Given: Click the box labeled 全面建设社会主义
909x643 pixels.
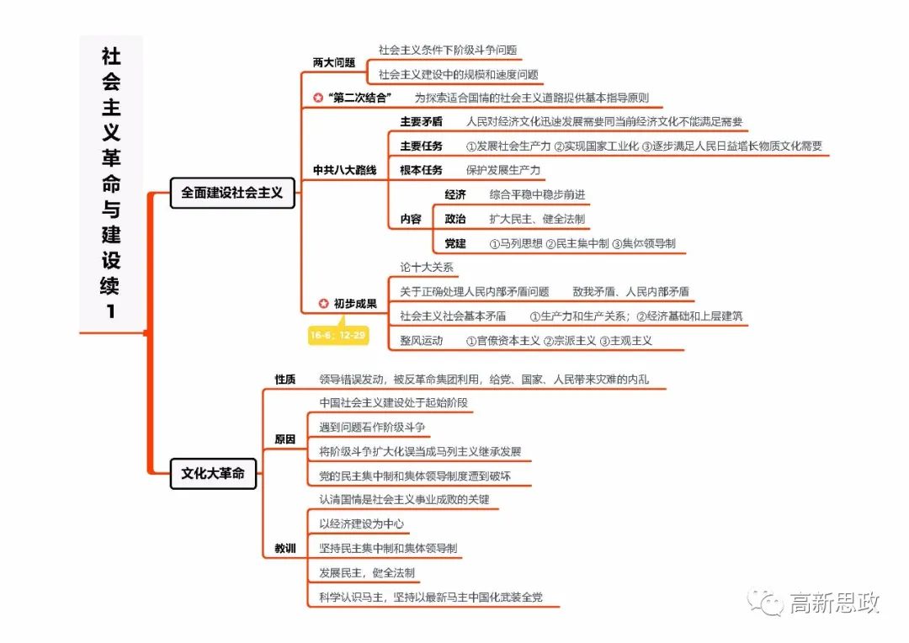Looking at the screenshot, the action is [x=232, y=193].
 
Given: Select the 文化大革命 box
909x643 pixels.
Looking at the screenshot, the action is [x=213, y=474].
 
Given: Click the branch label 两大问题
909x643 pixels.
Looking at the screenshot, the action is [x=333, y=62].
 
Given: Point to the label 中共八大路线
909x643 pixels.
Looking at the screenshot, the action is [x=344, y=170].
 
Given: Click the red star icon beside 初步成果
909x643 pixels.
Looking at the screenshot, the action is [x=323, y=304].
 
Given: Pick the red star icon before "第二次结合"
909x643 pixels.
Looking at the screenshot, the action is [x=317, y=98].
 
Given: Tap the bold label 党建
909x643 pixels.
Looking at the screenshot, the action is [x=455, y=244].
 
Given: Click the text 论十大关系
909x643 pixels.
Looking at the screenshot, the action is [x=427, y=268].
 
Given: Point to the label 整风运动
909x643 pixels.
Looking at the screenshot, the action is [x=421, y=341].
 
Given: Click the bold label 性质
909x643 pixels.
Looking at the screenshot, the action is [x=285, y=380].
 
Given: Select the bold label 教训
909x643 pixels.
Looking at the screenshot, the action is [x=285, y=549].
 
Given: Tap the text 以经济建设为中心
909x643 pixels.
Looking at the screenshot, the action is [x=361, y=523].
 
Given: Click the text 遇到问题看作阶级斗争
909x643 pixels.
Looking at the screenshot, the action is [x=372, y=427].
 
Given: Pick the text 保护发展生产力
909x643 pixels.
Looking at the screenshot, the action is [x=503, y=170].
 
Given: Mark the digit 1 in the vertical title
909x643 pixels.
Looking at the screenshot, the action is [x=110, y=311].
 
